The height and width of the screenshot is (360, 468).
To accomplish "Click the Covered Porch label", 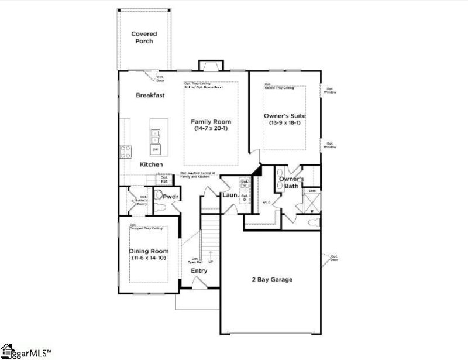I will [x=144, y=37].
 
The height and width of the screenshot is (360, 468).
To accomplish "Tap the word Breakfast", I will [x=150, y=95].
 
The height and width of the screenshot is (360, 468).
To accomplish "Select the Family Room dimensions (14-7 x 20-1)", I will [x=211, y=130].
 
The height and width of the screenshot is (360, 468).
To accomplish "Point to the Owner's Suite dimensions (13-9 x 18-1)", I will [x=284, y=123].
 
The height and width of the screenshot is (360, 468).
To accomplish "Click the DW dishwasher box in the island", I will [x=156, y=150].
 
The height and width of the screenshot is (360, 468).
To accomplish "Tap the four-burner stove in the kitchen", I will [x=125, y=152].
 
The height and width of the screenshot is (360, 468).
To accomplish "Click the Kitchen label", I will [x=151, y=165].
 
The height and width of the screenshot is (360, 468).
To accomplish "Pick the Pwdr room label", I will [x=171, y=197].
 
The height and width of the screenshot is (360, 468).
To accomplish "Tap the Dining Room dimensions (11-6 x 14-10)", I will [x=149, y=258].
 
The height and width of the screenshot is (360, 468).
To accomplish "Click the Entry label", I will [x=199, y=271].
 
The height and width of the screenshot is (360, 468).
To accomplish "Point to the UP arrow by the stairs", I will [x=211, y=258].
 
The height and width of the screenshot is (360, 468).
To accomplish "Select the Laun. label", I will [x=229, y=194].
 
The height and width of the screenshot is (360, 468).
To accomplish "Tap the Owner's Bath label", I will [x=290, y=182].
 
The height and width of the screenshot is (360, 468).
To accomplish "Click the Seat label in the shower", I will [x=312, y=191].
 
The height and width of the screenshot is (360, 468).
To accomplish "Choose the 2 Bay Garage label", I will [x=269, y=280].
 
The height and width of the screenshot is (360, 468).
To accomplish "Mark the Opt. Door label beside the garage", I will [x=335, y=258].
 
